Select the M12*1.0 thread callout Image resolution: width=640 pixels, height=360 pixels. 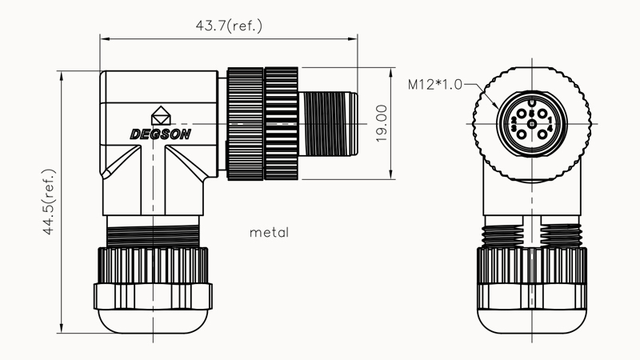[435, 83]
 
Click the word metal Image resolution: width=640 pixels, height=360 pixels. [269, 233]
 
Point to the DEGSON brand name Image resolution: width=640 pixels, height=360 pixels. [160, 134]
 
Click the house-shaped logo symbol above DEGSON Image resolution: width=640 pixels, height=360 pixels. [160, 114]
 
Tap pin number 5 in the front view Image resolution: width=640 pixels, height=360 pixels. [532, 113]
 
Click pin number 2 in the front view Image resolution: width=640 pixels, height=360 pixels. [515, 119]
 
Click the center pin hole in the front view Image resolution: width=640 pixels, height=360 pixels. [532, 124]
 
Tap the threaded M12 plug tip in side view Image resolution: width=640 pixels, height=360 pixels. [328, 125]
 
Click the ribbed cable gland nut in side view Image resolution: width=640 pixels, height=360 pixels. [152, 264]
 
